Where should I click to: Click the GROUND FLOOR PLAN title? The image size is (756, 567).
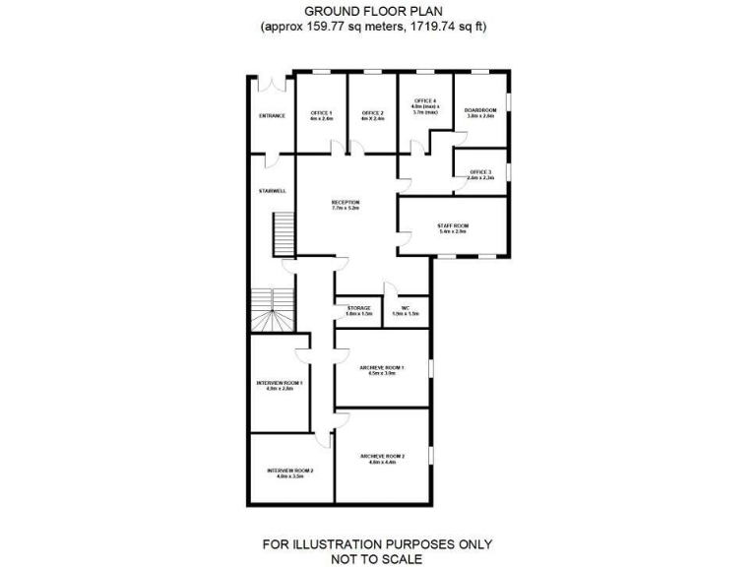[x=377, y=12]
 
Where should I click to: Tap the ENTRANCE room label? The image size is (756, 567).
[x=272, y=116]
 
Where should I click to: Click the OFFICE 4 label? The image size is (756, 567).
[x=425, y=101]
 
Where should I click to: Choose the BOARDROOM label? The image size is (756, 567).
[x=479, y=109]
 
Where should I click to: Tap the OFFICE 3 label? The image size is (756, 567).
[x=479, y=172]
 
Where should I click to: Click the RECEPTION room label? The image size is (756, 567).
[x=346, y=203]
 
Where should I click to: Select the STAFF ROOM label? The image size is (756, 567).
[x=453, y=225]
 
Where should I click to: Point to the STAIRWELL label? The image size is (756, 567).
[x=272, y=190]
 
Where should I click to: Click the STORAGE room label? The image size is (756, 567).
[x=358, y=308]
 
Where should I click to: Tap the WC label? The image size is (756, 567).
[x=405, y=308]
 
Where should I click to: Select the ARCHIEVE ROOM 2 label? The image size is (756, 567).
[x=382, y=457]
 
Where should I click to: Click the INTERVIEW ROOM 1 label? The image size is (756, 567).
[x=280, y=383]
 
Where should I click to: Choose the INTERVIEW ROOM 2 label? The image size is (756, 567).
[x=289, y=471]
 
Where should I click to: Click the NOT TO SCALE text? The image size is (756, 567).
[x=377, y=558]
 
